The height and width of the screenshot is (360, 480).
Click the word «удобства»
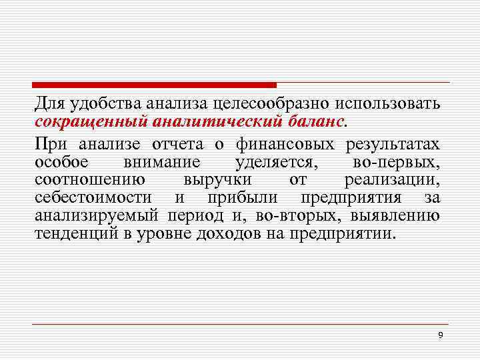coord(104,105)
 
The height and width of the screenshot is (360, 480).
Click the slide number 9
coord(440,335)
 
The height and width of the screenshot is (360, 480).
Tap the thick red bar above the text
coord(154,85)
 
